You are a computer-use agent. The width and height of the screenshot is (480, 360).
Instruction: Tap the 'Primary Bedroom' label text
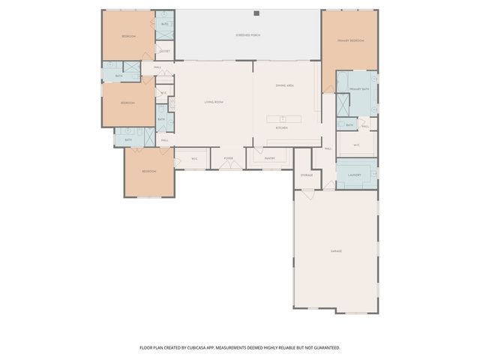point(350,40)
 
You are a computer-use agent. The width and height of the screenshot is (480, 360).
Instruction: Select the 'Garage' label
point(336,250)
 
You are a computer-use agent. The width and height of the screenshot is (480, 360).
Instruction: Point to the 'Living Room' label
point(214,102)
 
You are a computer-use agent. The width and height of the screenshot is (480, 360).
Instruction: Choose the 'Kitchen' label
point(282,128)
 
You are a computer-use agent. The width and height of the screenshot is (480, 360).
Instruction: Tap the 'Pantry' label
point(270,158)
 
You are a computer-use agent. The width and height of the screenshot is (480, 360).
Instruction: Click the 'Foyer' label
point(228,158)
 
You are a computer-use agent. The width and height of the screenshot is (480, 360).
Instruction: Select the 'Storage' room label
point(306,175)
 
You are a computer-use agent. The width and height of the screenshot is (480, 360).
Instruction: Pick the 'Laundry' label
point(355,175)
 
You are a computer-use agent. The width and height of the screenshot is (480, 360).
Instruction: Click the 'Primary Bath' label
point(360,89)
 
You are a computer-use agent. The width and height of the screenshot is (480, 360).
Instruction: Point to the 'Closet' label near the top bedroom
point(164,52)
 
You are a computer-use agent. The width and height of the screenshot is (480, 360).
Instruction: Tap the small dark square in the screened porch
point(256,13)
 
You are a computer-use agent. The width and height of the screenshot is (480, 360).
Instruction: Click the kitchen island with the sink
point(284,118)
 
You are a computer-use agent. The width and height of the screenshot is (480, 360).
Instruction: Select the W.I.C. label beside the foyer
point(193,158)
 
